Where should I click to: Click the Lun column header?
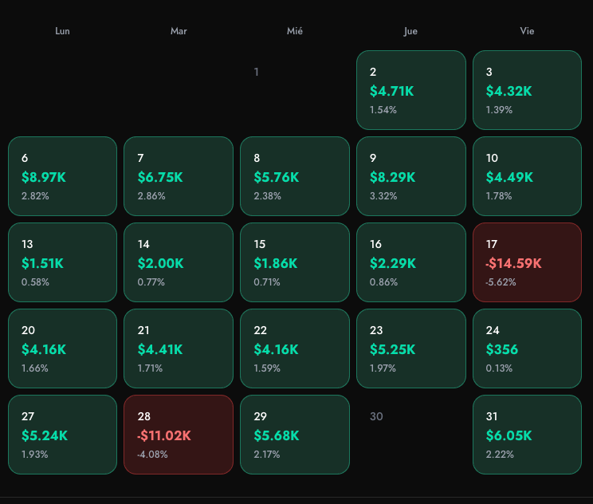click(62, 31)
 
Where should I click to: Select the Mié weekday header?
click(295, 31)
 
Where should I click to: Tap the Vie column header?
click(527, 31)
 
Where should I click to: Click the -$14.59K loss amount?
click(513, 263)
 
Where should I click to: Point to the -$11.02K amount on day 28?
click(164, 435)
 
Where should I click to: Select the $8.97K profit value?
click(44, 177)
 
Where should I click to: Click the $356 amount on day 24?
click(502, 349)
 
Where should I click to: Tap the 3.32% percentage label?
click(383, 196)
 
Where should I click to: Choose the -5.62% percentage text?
click(501, 282)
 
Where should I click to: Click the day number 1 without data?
click(256, 73)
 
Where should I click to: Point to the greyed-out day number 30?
click(376, 416)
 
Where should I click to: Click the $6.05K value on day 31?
click(509, 435)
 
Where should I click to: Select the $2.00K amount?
click(160, 263)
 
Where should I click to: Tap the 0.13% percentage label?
click(499, 368)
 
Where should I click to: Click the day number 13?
click(27, 244)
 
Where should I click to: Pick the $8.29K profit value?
click(392, 177)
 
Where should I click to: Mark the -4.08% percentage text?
click(152, 455)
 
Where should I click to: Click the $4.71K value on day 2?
click(391, 91)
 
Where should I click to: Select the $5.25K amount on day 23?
click(392, 349)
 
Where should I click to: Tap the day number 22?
click(260, 330)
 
